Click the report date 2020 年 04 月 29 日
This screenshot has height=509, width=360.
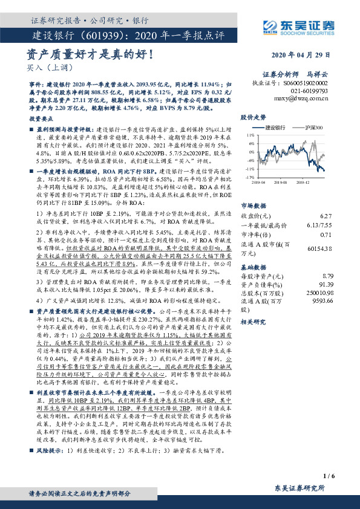(x=308, y=54)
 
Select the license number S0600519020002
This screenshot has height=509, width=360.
(x=307, y=82)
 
